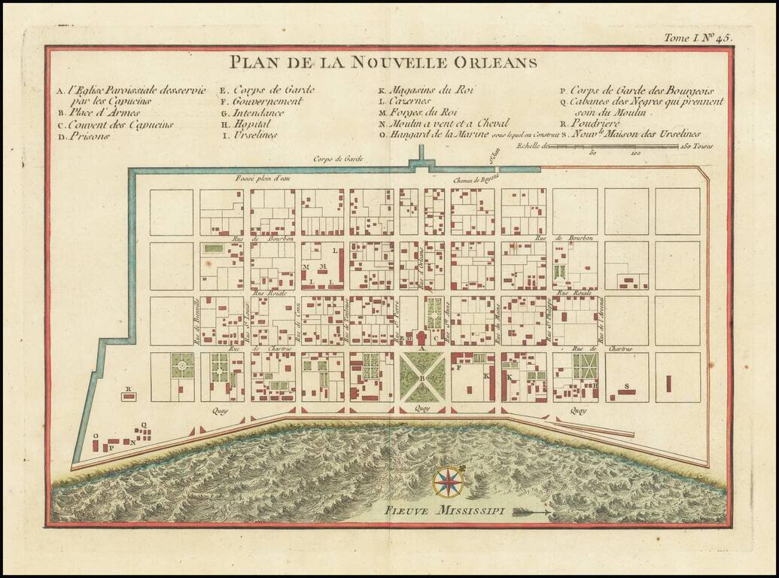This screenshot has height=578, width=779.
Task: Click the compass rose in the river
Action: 449,482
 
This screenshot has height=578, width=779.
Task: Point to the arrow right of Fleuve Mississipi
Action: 532,512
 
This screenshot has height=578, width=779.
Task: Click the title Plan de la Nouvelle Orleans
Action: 384,62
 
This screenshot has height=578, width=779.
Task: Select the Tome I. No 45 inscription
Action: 697,37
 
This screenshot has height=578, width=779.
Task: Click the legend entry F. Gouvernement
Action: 262,101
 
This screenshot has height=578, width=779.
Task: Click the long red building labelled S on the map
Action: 625,392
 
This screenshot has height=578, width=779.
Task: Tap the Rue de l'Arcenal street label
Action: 602,322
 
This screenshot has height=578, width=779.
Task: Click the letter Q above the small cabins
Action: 143,424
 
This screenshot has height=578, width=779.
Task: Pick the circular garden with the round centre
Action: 181,367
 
